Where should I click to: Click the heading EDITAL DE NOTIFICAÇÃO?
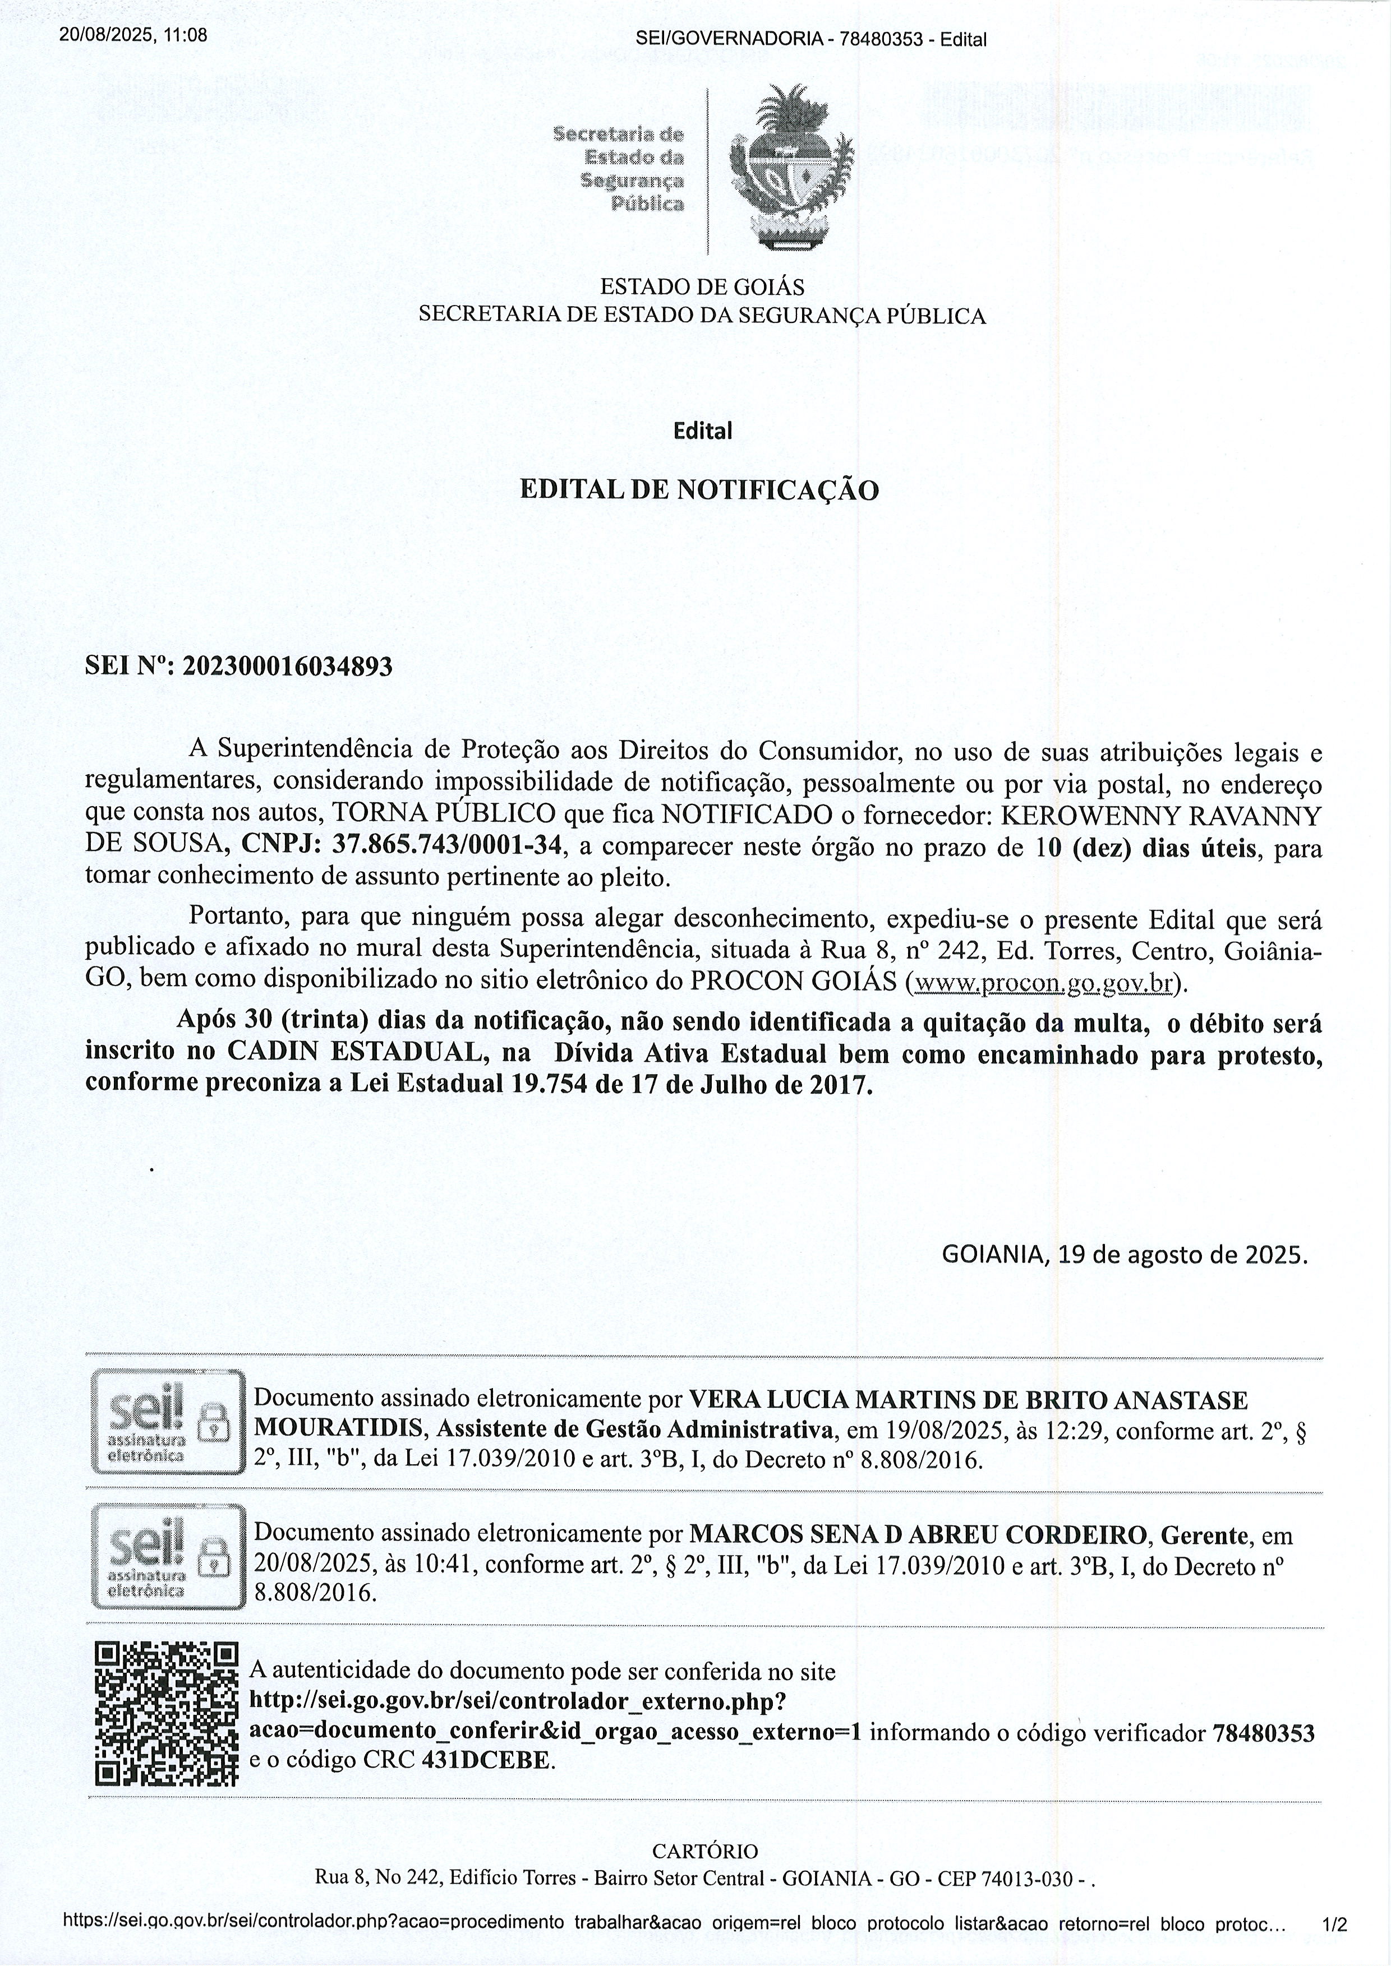(x=700, y=491)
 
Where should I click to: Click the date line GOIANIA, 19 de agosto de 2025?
(x=1125, y=1255)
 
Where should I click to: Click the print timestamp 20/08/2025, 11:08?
(x=133, y=35)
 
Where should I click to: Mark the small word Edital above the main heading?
(x=702, y=431)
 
